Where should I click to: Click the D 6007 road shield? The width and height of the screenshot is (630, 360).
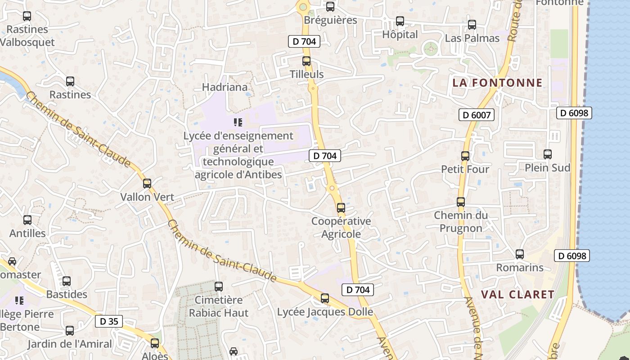477,115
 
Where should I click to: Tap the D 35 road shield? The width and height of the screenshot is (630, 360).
109,321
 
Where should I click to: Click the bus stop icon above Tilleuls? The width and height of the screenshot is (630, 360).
306,61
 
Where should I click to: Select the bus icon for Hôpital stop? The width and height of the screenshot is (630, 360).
400,21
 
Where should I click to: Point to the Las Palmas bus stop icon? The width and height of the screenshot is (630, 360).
472,25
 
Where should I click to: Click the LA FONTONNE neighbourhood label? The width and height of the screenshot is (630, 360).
497,83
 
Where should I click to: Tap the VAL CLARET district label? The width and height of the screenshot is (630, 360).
517,295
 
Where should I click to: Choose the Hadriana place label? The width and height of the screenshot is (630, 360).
225,87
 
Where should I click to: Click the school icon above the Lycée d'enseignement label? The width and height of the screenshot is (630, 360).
238,122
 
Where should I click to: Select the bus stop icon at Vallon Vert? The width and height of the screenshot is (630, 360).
147,184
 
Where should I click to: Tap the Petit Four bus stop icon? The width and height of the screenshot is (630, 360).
465,156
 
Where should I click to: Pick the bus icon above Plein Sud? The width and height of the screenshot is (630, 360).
548,154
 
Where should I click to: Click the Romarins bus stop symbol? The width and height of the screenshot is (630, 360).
520,254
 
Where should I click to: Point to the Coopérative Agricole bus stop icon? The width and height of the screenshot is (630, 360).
341,208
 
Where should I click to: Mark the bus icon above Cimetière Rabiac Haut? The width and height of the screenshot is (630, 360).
219,286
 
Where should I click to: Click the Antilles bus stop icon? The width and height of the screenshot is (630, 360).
27,220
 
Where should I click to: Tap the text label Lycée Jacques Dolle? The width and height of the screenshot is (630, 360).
325,312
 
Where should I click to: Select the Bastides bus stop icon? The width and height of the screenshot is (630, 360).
67,281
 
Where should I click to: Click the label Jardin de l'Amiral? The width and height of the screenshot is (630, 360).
70,344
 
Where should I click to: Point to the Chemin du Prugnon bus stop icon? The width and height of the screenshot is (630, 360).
461,202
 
